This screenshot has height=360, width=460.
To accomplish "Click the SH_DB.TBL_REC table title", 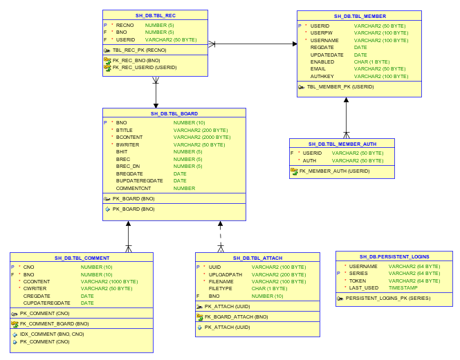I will [x=155, y=15].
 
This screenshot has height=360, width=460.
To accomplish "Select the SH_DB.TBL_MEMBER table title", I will [x=360, y=16].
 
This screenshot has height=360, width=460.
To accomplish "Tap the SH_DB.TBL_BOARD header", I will [x=174, y=113].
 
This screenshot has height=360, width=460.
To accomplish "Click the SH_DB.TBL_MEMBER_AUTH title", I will [x=342, y=144].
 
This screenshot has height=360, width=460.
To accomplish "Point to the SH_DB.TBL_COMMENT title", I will [x=82, y=258].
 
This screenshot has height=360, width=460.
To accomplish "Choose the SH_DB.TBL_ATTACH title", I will [x=257, y=258].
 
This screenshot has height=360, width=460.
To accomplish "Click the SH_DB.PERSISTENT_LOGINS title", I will [x=394, y=256].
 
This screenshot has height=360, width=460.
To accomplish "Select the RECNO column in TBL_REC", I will [x=125, y=25].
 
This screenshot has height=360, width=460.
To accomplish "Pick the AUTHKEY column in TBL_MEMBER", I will [x=322, y=76].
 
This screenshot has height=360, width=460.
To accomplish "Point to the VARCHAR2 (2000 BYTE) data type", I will [x=201, y=137].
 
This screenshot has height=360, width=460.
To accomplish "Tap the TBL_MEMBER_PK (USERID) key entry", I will [x=340, y=87].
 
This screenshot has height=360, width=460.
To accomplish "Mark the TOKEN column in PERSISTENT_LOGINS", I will [x=358, y=281].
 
